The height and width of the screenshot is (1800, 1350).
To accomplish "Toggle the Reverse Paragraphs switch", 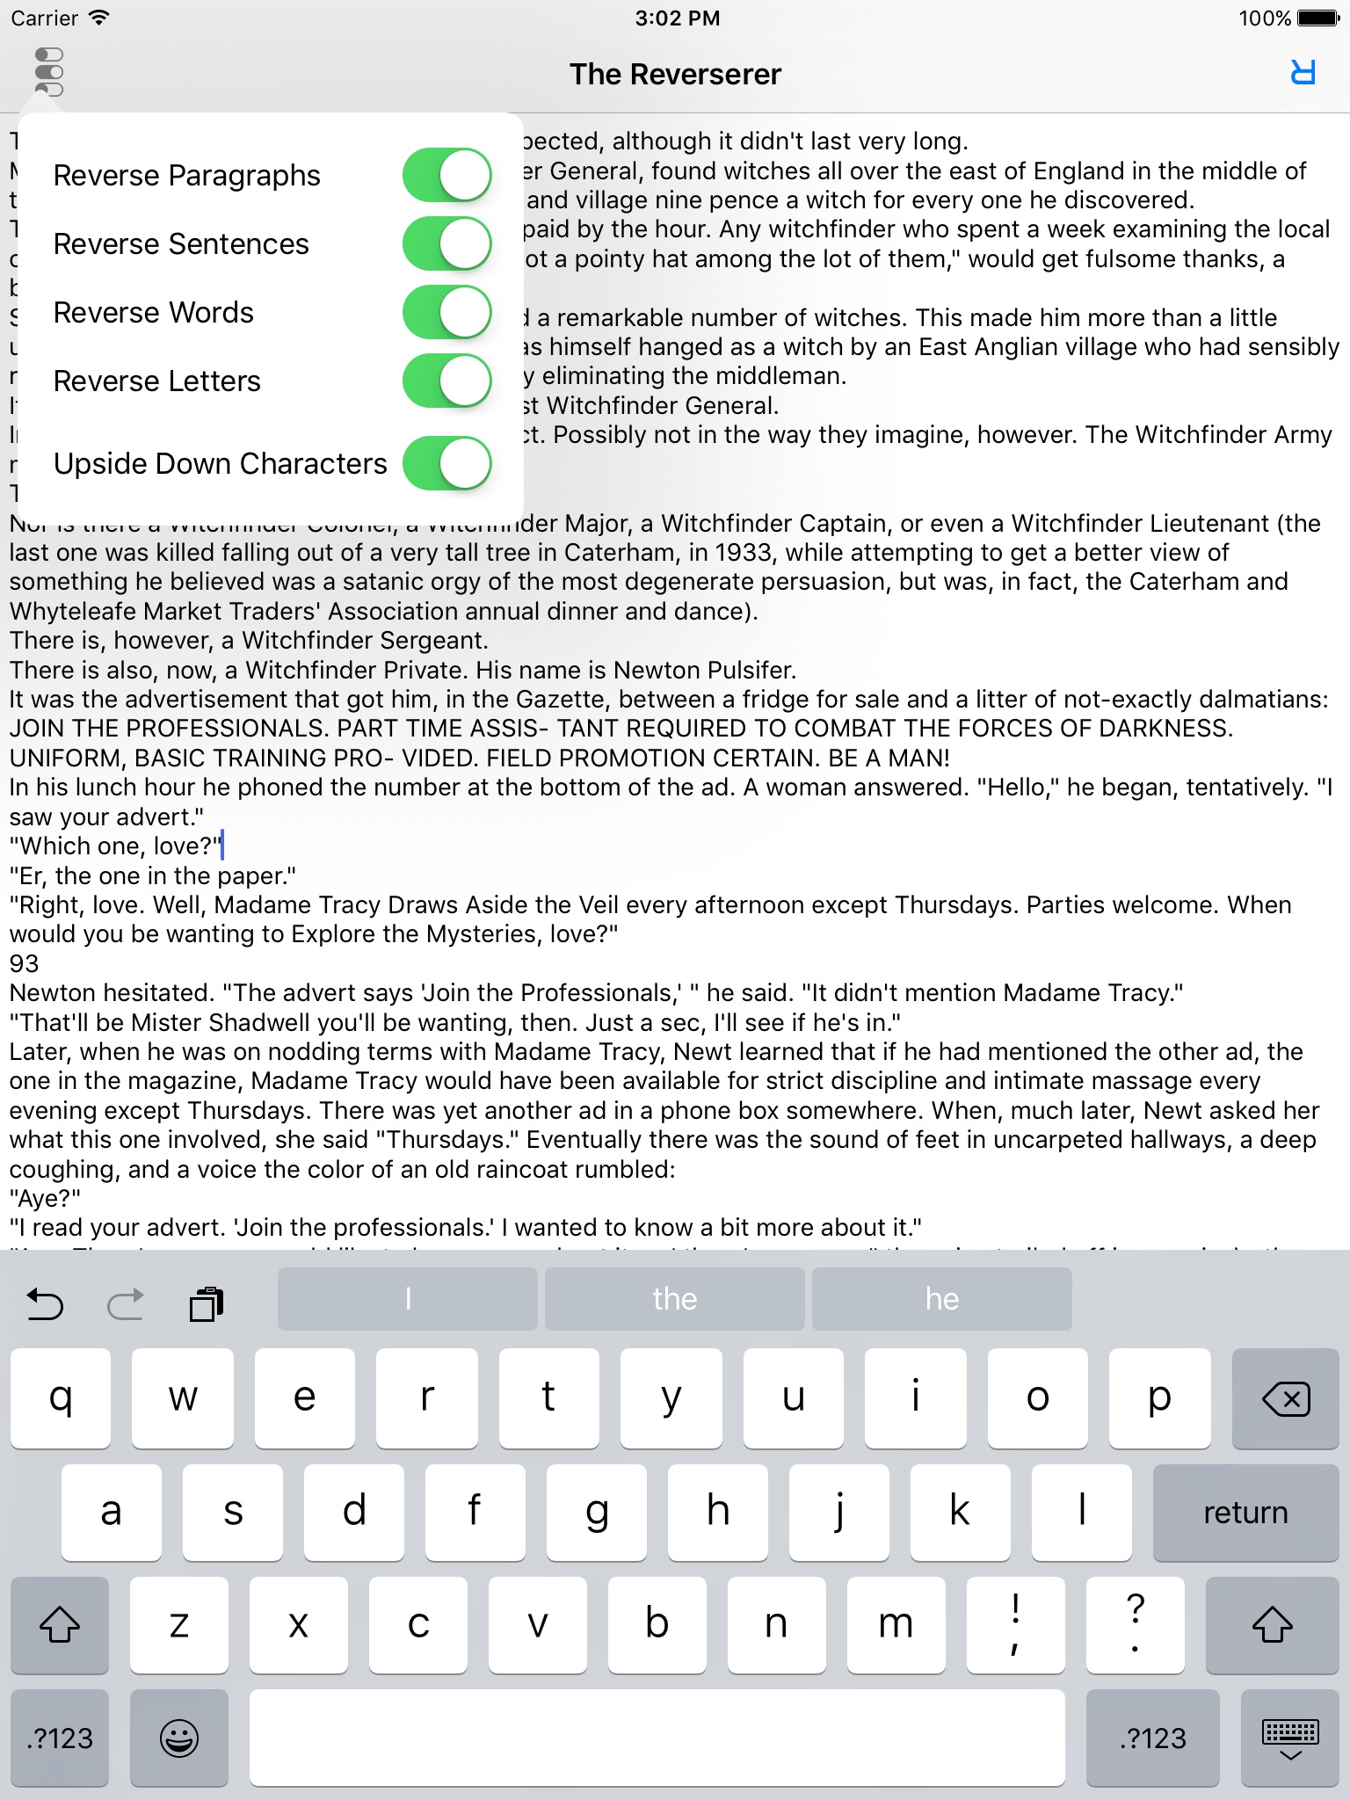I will pos(446,175).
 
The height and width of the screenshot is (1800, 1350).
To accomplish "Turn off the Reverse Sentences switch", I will pos(446,243).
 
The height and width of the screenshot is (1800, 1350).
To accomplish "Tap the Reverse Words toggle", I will pos(446,312).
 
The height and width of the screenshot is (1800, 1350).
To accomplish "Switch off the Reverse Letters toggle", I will pos(446,381).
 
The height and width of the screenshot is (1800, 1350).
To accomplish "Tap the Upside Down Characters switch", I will pos(446,463).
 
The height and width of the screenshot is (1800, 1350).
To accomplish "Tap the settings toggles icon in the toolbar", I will pos(49,72).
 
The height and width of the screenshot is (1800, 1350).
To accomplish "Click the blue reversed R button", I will pos(1303,73).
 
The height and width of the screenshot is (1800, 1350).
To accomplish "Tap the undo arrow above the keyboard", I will pos(46,1304).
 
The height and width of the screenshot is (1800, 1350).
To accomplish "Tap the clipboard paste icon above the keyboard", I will pos(207,1304).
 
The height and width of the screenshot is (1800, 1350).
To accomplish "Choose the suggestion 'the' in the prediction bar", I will pos(674,1299).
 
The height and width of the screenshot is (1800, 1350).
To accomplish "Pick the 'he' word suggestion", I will pos(941,1299).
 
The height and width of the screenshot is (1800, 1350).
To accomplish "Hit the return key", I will pos(1245,1513).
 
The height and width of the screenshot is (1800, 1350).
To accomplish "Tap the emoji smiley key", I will pos(179,1738).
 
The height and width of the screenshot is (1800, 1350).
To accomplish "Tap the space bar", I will pos(657,1738).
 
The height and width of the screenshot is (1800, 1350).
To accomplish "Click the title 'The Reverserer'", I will pos(675,75).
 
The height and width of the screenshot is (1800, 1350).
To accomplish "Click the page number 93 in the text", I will pos(25,964).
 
